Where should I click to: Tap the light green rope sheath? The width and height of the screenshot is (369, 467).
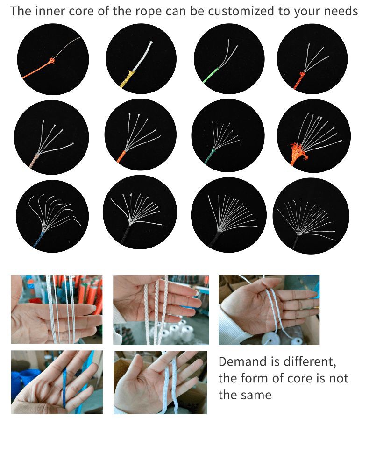(210, 75)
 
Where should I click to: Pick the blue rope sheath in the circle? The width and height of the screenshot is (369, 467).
(39, 239)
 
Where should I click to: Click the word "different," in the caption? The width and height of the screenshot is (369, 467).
(310, 362)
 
